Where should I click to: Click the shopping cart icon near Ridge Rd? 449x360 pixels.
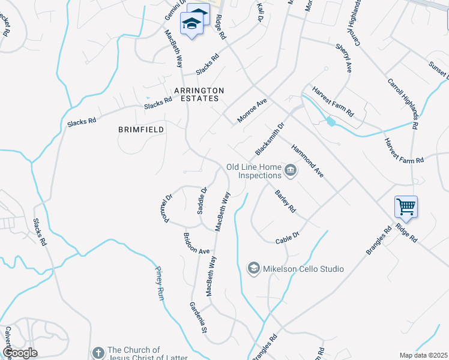pyautogui.click(x=406, y=207)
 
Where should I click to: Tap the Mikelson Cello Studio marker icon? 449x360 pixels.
pyautogui.click(x=254, y=268)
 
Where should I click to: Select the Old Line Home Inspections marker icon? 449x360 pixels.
pyautogui.click(x=291, y=171)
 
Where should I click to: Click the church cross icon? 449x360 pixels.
pyautogui.click(x=98, y=353)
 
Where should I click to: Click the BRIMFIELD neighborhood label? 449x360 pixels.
pyautogui.click(x=142, y=129)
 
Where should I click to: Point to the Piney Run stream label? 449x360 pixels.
pyautogui.click(x=160, y=283)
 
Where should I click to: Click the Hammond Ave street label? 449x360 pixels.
pyautogui.click(x=307, y=160)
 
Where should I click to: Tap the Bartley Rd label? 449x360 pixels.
pyautogui.click(x=285, y=202)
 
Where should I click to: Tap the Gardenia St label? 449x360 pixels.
pyautogui.click(x=199, y=318)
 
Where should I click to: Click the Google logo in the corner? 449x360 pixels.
pyautogui.click(x=20, y=353)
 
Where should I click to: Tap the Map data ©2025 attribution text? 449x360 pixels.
pyautogui.click(x=423, y=355)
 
